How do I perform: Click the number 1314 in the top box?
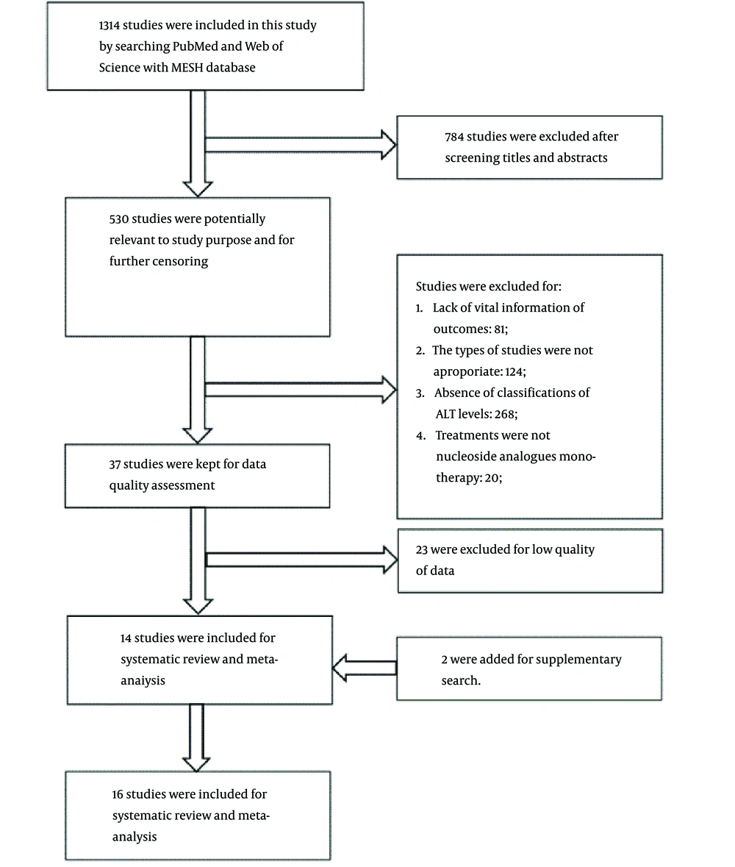pos(109,26)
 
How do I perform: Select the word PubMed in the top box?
pos(196,46)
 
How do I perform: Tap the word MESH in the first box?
pos(187,68)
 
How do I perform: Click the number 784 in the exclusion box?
pos(454,137)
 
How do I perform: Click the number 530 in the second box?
pos(119,219)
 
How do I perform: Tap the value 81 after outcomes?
pos(500,329)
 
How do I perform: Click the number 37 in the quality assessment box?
pos(115,465)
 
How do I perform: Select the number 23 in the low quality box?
pos(422,549)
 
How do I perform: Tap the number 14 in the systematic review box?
pos(126,638)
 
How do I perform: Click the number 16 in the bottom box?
pos(118,794)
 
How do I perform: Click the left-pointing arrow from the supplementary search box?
pos(364,668)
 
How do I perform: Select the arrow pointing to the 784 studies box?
pos(301,145)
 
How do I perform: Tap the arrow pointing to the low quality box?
pos(302,560)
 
